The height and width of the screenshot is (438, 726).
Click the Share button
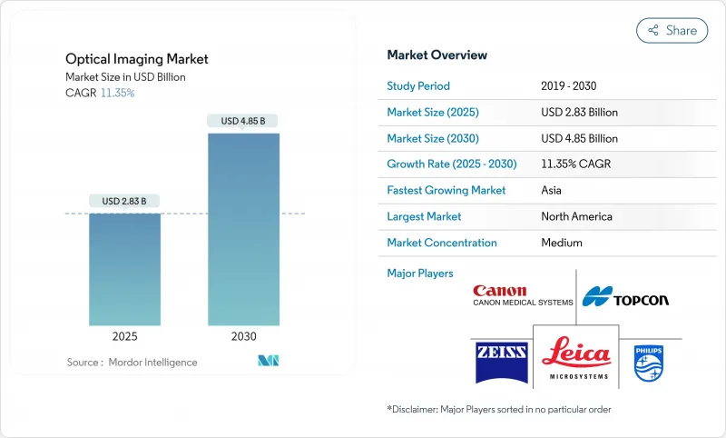672,30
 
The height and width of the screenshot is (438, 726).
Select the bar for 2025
124,269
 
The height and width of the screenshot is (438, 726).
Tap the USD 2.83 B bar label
124,201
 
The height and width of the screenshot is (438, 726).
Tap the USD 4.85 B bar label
243,121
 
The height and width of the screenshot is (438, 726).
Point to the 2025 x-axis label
124,336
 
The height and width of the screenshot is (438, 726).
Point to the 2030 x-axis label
243,336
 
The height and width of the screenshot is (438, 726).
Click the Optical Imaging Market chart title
136,59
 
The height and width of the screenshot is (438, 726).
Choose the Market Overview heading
437,55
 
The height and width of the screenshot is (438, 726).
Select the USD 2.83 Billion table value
579,113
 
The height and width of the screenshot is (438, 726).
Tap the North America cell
575,216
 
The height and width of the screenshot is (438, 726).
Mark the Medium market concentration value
561,243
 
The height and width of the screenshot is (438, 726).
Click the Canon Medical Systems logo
522,295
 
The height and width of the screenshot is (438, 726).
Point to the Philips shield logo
650,363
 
